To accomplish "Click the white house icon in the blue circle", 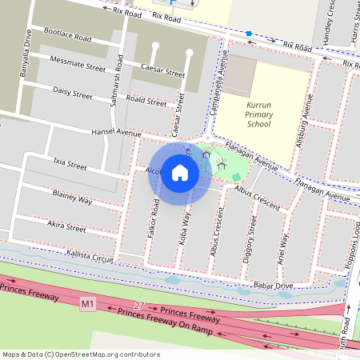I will (x=180, y=172).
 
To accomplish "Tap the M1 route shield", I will (x=88, y=303).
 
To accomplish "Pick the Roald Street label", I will (x=146, y=101).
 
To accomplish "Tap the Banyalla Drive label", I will (x=30, y=48).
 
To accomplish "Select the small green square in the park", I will (x=235, y=176).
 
